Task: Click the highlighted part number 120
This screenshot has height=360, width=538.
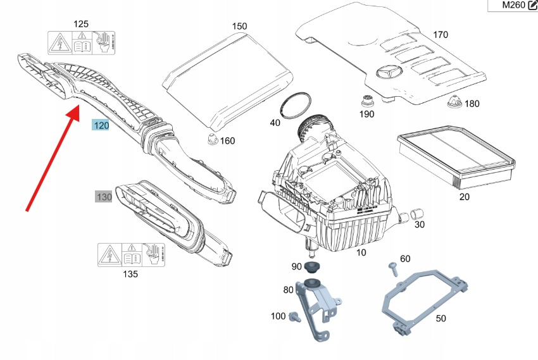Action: point(101,125)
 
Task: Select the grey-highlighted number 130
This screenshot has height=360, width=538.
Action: point(104,197)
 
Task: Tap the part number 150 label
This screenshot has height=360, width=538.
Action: point(239,27)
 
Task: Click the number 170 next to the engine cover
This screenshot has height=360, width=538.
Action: point(440,34)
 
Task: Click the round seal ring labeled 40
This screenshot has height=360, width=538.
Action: point(297,106)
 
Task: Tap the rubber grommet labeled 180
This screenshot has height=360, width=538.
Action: point(453,101)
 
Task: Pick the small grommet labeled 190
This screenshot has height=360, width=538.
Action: point(367,100)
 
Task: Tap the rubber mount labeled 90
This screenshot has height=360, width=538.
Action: point(311,265)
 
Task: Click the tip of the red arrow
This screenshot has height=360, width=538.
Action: point(77,109)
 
